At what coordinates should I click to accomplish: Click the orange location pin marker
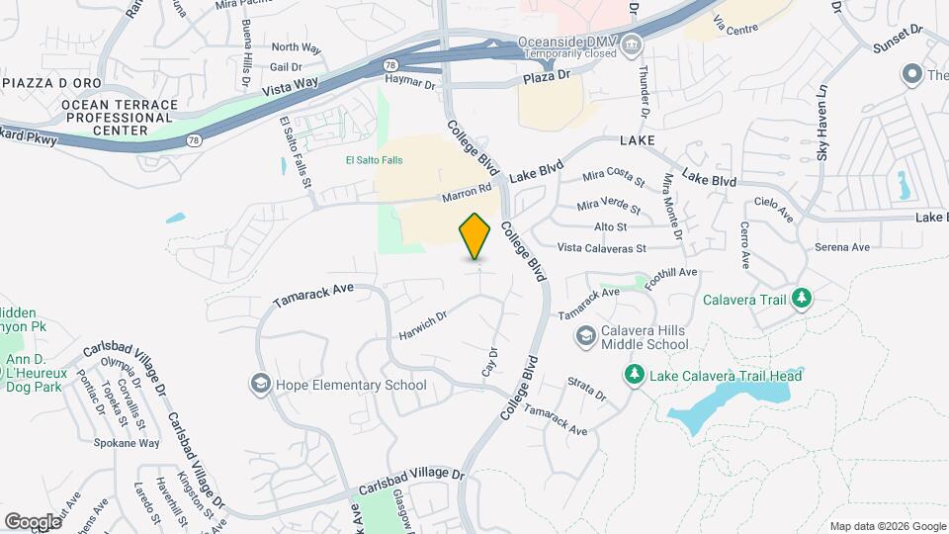pyautogui.click(x=475, y=237)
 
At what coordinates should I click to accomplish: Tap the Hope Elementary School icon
pyautogui.click(x=261, y=384)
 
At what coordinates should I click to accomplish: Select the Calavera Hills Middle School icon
pyautogui.click(x=586, y=337)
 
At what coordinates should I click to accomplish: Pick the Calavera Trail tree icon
pyautogui.click(x=802, y=298)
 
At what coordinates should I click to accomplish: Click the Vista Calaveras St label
pyautogui.click(x=601, y=248)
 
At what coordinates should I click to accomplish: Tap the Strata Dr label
pyautogui.click(x=586, y=388)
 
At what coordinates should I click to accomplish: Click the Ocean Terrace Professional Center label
pyautogui.click(x=120, y=118)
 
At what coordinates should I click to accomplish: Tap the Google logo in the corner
pyautogui.click(x=33, y=521)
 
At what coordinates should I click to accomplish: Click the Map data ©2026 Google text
pyautogui.click(x=886, y=525)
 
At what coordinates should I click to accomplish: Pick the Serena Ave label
pyautogui.click(x=842, y=246)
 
